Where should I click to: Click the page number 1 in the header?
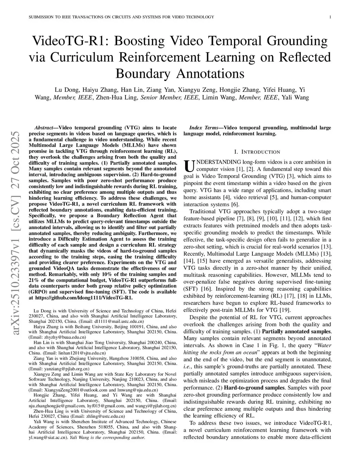tap(331, 17)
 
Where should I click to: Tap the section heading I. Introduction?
tap(257, 152)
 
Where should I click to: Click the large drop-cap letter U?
tap(189, 166)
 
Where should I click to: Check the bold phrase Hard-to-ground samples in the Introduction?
tap(254, 388)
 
